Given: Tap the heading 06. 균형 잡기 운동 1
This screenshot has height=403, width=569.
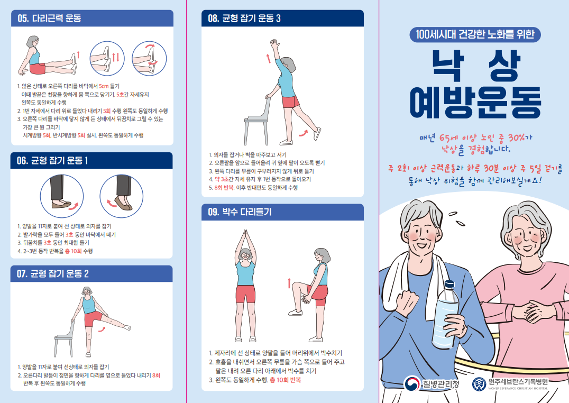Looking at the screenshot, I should pyautogui.click(x=53, y=161).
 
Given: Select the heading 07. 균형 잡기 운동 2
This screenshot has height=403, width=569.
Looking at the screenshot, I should pyautogui.click(x=53, y=274).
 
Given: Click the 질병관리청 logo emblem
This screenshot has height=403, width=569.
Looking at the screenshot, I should pyautogui.click(x=412, y=383).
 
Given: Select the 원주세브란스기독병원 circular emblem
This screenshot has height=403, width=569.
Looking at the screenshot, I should pyautogui.click(x=478, y=383).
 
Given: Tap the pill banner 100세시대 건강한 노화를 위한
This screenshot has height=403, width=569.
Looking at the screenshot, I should pyautogui.click(x=475, y=35).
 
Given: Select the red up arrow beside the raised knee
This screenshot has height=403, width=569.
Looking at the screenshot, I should pyautogui.click(x=289, y=283).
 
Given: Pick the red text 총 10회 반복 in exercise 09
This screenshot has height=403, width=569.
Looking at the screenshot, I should pyautogui.click(x=285, y=380).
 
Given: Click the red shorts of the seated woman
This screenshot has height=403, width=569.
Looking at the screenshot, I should pyautogui.click(x=38, y=68).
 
